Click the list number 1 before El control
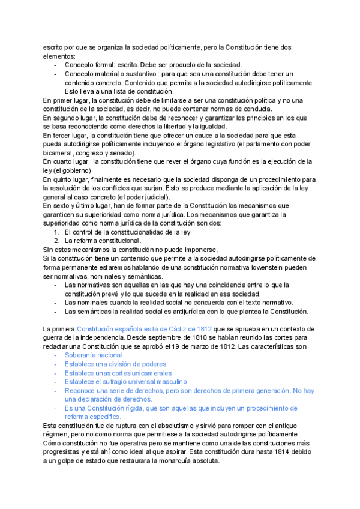57,232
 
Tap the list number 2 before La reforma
57,241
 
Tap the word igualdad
212,127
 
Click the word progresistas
65,451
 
